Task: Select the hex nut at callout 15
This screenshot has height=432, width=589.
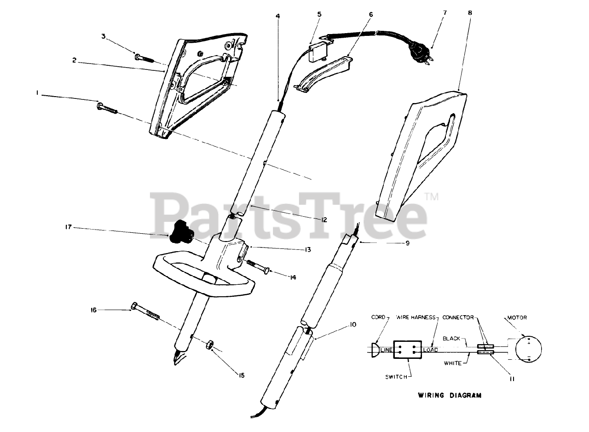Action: pos(208,344)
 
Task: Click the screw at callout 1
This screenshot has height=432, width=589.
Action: pos(108,109)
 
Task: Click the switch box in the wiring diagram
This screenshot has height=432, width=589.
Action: pos(408,351)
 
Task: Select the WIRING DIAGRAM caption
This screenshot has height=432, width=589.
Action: pos(450,395)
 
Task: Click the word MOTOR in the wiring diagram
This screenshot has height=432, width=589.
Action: pos(517,317)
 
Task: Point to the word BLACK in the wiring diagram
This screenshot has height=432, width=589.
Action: pos(451,338)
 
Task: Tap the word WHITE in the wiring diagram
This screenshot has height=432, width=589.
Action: pos(453,363)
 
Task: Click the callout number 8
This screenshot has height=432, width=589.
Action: pos(469,13)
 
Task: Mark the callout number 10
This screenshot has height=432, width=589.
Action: pos(353,325)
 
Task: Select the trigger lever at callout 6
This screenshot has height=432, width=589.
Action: pos(324,73)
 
